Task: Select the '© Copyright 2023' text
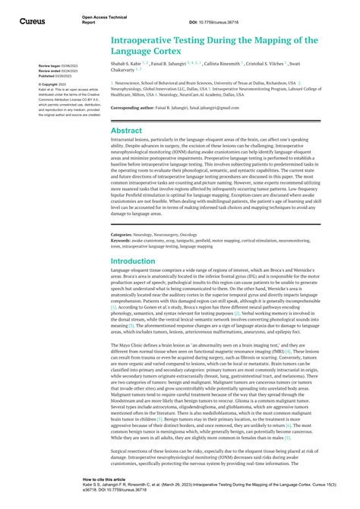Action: [47, 84]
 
